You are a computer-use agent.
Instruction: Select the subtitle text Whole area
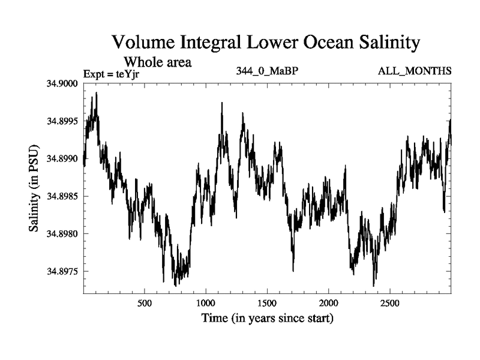pos(157,61)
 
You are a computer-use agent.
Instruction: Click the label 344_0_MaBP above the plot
pos(268,71)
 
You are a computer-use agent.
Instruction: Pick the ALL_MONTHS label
pos(414,71)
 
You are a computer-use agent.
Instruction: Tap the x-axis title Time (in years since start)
pos(267,317)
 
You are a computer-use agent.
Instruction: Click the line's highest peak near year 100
pos(96,93)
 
